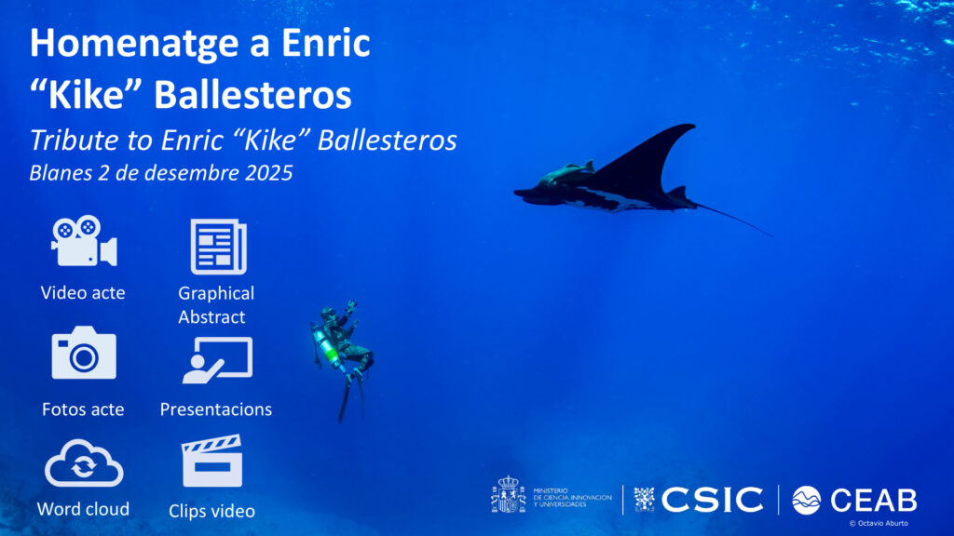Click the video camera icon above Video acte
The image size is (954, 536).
click(x=84, y=241)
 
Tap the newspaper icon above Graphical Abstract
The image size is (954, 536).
click(x=218, y=247)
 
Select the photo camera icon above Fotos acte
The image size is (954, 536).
click(x=84, y=353)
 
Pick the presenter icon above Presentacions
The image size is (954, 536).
click(x=217, y=360)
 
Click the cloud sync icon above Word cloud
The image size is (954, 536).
click(x=84, y=463)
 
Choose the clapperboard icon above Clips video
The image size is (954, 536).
click(x=211, y=461)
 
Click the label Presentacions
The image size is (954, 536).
click(x=216, y=409)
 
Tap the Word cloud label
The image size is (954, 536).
click(x=83, y=509)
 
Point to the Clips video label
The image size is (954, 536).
click(x=211, y=511)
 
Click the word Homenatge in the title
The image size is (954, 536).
click(x=134, y=43)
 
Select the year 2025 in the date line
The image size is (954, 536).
click(x=269, y=173)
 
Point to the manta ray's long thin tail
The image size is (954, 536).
click(x=734, y=220)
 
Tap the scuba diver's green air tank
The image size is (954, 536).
click(x=329, y=349)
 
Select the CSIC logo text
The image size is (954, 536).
click(x=712, y=500)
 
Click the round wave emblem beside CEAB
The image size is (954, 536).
click(x=806, y=500)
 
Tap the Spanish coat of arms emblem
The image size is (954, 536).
click(x=508, y=495)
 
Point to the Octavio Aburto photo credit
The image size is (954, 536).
click(x=879, y=523)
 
